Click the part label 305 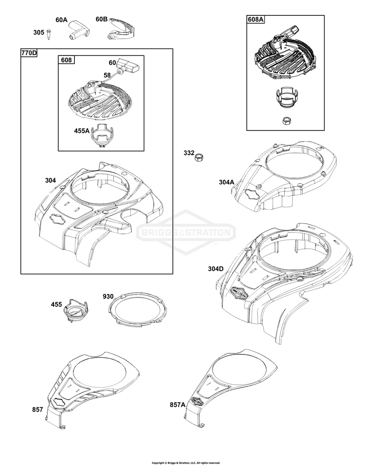39,32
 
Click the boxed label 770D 29,53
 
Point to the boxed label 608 66,60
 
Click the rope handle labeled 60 128,66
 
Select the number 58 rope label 107,75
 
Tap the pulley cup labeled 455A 102,136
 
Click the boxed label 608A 256,20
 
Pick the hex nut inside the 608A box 286,120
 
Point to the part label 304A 226,182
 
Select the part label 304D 216,269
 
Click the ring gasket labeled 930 137,309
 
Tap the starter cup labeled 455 75,310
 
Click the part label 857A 178,404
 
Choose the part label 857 38,410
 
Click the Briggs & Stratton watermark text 186,232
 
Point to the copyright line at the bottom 186,463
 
